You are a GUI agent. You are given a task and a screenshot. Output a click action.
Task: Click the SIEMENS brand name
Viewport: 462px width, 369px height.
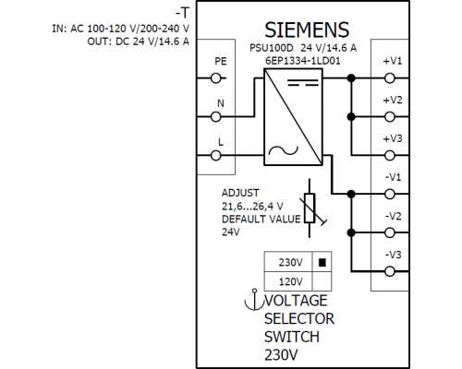pyautogui.click(x=307, y=30)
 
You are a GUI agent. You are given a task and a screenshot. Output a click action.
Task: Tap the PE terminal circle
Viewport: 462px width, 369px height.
pyautogui.click(x=216, y=78)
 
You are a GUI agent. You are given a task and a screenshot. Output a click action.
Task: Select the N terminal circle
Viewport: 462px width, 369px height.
pyautogui.click(x=216, y=117)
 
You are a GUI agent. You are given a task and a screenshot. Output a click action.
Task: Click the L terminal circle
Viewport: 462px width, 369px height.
pyautogui.click(x=216, y=156)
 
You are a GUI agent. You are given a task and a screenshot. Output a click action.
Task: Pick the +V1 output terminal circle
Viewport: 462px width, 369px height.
pyautogui.click(x=390, y=78)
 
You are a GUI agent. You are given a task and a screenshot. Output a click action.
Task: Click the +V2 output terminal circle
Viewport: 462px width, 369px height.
pyautogui.click(x=390, y=117)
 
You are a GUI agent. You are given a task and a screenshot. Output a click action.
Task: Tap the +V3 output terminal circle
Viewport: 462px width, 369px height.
pyautogui.click(x=390, y=156)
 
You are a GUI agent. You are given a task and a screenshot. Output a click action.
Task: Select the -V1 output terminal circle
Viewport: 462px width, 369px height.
pyautogui.click(x=390, y=194)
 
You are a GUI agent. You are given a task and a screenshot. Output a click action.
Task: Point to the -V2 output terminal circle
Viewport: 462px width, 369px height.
pyautogui.click(x=390, y=232)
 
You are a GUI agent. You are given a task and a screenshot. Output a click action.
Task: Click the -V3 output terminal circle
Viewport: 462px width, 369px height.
pyautogui.click(x=390, y=271)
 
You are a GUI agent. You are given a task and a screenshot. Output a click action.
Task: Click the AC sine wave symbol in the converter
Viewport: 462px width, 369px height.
pyautogui.click(x=284, y=150)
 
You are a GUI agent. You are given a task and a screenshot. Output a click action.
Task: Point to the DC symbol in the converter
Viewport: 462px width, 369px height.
pyautogui.click(x=303, y=82)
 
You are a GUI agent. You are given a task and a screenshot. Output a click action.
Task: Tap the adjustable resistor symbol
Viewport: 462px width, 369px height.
pyautogui.click(x=310, y=208)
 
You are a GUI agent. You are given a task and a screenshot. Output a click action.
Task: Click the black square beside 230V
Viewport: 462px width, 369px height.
pyautogui.click(x=322, y=262)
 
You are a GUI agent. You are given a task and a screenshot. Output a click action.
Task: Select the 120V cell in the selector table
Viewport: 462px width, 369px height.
pyautogui.click(x=291, y=281)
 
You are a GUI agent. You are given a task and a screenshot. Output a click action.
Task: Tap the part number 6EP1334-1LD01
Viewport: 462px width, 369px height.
pyautogui.click(x=303, y=61)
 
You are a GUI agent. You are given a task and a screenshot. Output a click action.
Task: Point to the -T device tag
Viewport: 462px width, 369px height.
pyautogui.click(x=182, y=13)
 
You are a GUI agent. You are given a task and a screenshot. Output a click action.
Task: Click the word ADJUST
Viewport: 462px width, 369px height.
pyautogui.click(x=240, y=193)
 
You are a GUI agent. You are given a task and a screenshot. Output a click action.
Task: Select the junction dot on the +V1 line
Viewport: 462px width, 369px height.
pyautogui.click(x=351, y=78)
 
